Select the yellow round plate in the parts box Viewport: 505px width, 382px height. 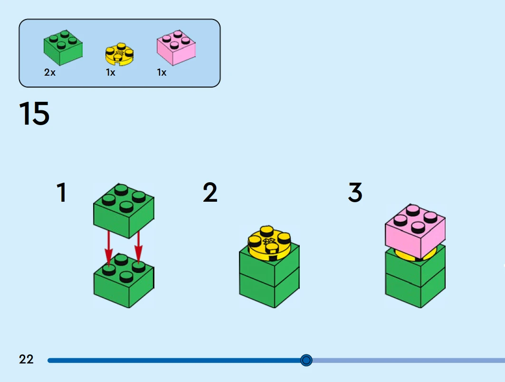(x=119, y=54)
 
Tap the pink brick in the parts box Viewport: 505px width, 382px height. (x=176, y=48)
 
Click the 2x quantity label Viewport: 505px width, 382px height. (x=49, y=73)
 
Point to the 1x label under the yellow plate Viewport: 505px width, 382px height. (x=110, y=73)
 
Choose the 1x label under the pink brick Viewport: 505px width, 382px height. (x=162, y=73)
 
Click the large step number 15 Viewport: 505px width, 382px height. (x=34, y=114)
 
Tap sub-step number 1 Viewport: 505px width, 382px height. (x=61, y=193)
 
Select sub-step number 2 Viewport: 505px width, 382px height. (x=210, y=193)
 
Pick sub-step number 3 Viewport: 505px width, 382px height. (x=355, y=193)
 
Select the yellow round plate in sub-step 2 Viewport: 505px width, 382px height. (x=269, y=243)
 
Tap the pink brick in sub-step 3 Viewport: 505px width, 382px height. (x=415, y=231)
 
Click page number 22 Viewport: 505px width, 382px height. (x=27, y=359)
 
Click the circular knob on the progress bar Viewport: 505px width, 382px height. (x=306, y=360)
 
